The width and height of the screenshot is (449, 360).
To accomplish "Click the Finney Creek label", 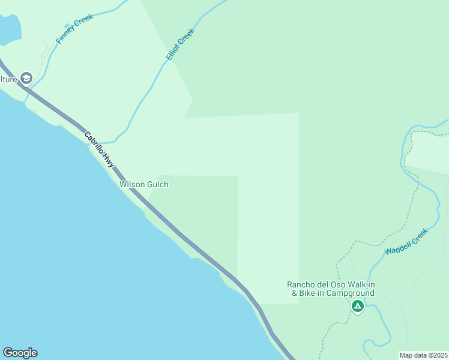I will click(x=74, y=29).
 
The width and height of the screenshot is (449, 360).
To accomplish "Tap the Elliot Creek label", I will click(x=181, y=44).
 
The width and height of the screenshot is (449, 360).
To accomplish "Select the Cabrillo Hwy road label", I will click(x=99, y=149).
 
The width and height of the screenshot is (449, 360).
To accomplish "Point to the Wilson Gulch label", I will click(x=144, y=184).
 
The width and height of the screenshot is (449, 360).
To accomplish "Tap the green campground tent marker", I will click(x=358, y=307).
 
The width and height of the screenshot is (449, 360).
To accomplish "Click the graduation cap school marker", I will click(x=26, y=78).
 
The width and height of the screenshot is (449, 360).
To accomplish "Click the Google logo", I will click(x=20, y=353).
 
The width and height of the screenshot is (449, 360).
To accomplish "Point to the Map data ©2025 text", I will click(x=423, y=355).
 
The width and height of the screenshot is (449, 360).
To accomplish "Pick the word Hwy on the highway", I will click(x=108, y=160).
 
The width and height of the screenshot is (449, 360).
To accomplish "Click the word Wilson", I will click(x=131, y=184).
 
